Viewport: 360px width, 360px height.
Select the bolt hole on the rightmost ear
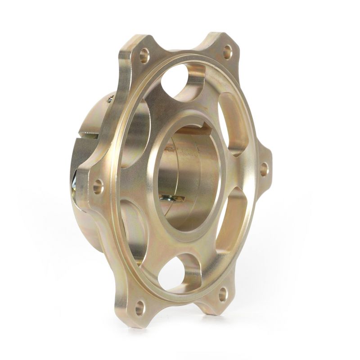[x=264, y=170]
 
